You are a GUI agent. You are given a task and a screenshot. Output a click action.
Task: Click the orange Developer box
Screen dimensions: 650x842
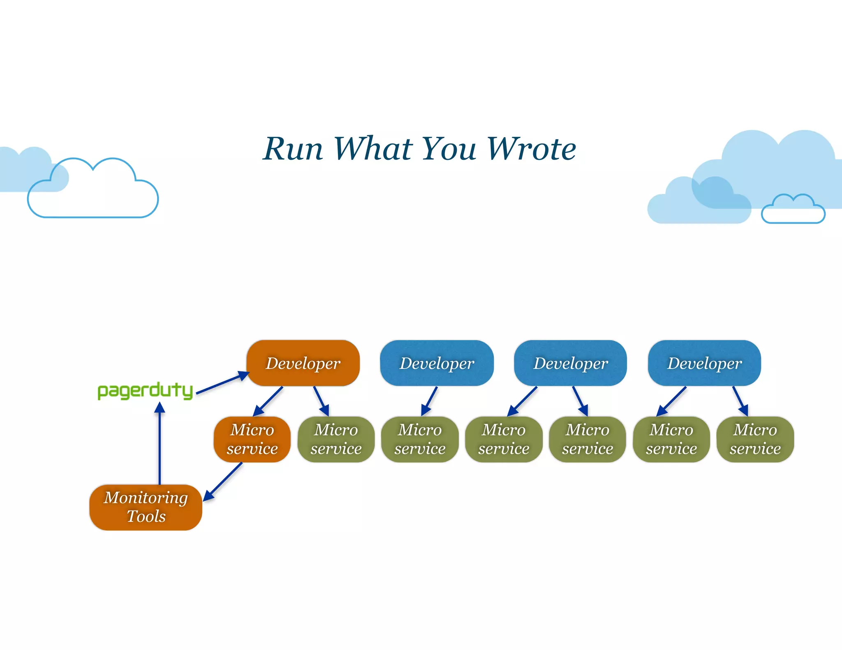pos(303,363)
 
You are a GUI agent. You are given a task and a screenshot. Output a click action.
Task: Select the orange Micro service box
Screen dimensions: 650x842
pos(252,439)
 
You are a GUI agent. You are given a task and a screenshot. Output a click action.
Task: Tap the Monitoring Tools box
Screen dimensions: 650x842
pos(146,507)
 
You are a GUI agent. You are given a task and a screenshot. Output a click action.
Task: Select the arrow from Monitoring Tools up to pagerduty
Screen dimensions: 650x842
pos(160,444)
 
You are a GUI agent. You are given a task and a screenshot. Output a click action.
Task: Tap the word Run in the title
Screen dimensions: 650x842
pos(293,148)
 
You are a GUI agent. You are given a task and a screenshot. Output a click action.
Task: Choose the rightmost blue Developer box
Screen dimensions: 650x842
pos(704,363)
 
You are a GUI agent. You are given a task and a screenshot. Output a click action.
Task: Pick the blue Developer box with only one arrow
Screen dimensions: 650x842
pos(437,363)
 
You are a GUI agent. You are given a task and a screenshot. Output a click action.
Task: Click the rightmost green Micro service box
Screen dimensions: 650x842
pos(755,439)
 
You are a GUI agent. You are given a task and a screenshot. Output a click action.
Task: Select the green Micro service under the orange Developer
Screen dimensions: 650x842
pos(336,439)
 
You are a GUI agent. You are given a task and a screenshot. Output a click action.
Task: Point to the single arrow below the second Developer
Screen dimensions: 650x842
pos(430,401)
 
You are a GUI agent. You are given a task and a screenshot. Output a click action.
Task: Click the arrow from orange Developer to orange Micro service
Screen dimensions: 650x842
pos(268,401)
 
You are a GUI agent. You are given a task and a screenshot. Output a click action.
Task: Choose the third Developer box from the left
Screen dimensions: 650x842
pos(570,363)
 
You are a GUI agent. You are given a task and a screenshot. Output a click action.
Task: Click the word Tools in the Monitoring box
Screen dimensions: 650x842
pos(146,516)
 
